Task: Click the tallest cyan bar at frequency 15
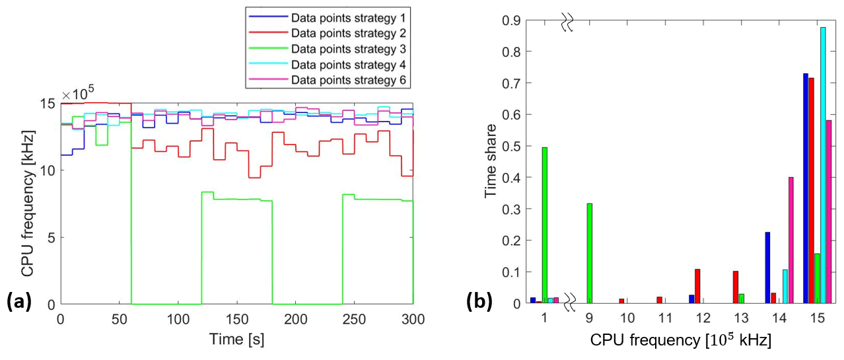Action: click(x=823, y=165)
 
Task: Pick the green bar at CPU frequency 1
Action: click(x=545, y=225)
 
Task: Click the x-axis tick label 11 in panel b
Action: click(x=666, y=318)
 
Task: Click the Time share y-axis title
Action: click(x=491, y=162)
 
